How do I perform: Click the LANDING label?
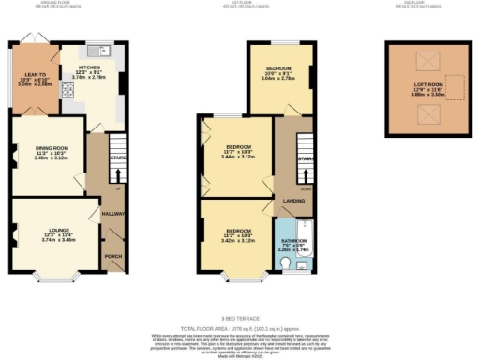click(293, 201)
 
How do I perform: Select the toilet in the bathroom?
click(287, 265)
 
